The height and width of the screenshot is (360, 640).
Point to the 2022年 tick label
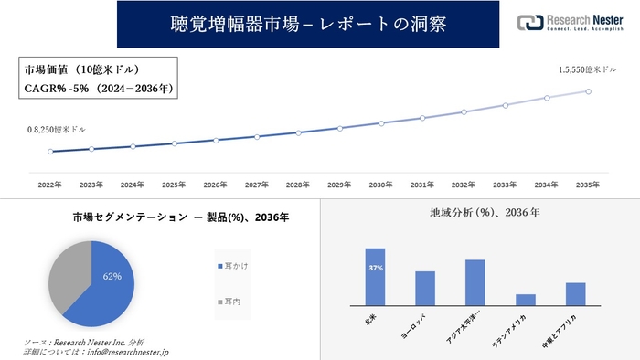click(50, 185)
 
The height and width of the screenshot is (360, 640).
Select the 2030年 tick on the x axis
click(381, 185)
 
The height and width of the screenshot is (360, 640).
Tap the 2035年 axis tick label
click(588, 185)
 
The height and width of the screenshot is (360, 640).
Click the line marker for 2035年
click(588, 91)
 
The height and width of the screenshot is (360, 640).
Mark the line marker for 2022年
click(50, 152)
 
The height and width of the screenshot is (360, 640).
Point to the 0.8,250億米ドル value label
click(57, 131)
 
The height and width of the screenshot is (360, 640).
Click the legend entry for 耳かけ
click(236, 265)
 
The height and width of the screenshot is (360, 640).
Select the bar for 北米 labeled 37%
click(375, 277)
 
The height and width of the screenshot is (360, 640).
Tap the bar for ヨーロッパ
click(424, 288)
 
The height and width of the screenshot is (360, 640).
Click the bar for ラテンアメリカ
click(525, 300)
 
